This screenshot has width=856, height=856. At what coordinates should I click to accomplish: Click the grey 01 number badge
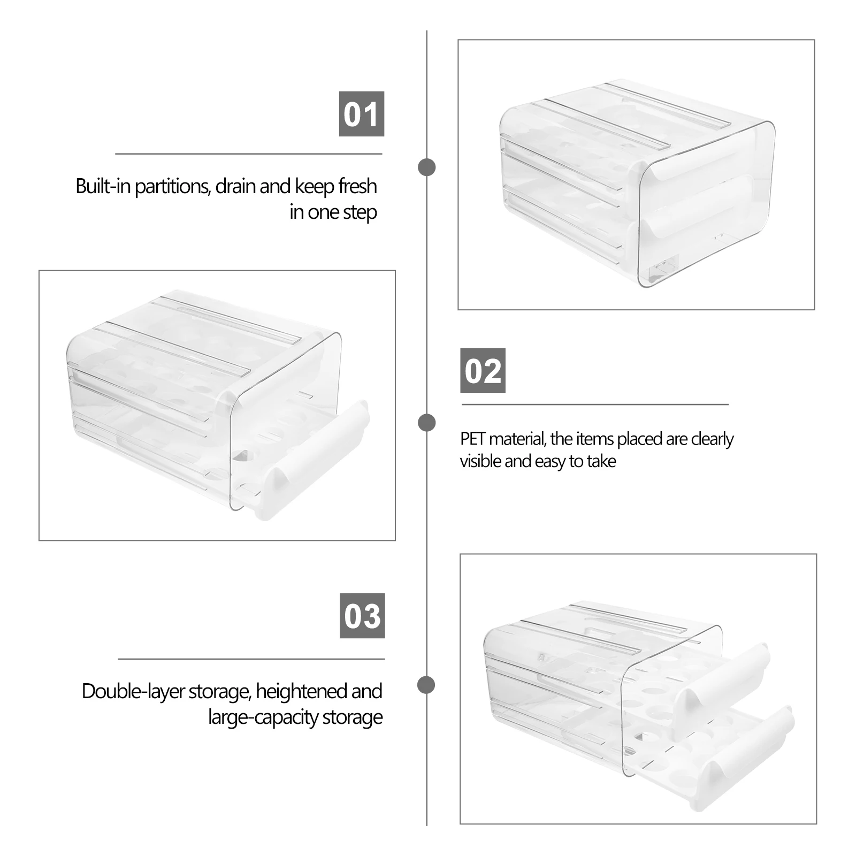coord(362,114)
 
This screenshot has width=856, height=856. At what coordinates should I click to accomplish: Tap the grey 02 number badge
coord(483,371)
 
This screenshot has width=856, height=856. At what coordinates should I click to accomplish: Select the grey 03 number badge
coord(362,616)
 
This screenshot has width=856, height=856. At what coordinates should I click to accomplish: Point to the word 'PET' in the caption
coord(472,439)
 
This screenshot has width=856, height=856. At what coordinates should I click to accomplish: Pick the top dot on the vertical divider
coord(426,167)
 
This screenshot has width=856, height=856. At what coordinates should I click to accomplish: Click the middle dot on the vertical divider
coord(426,423)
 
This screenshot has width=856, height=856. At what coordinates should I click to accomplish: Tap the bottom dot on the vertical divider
coord(426,685)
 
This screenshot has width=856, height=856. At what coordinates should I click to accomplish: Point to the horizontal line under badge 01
coord(249,154)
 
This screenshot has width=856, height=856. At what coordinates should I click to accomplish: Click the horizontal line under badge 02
coord(595,405)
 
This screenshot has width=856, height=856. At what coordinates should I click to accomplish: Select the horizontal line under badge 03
coord(251,659)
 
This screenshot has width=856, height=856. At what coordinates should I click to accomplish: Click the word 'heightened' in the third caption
coord(302,692)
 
